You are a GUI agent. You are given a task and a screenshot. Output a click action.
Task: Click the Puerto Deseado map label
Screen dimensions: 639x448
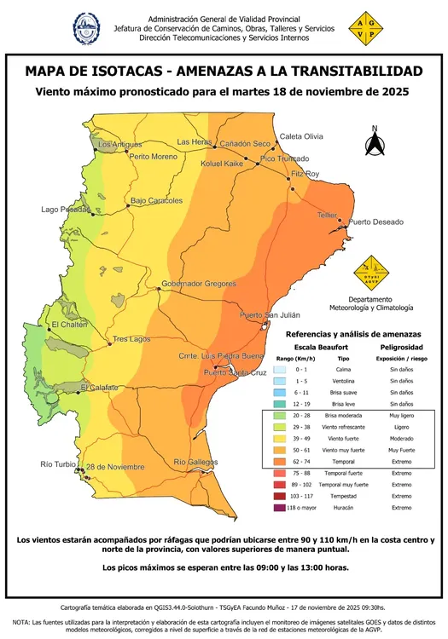pyautogui.click(x=375, y=222)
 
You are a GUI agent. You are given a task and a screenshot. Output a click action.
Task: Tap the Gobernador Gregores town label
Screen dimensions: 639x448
pyautogui.click(x=196, y=283)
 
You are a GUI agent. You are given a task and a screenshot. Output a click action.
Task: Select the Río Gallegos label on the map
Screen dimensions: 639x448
pyautogui.click(x=196, y=462)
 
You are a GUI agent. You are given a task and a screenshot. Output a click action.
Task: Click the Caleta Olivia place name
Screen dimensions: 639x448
pyautogui.click(x=302, y=136)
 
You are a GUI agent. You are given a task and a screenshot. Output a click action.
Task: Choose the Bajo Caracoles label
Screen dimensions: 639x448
pyautogui.click(x=156, y=201)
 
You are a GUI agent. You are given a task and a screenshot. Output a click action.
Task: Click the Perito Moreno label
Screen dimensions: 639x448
pyautogui.click(x=154, y=157)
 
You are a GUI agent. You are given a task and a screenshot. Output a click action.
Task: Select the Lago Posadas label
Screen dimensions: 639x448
pyautogui.click(x=66, y=210)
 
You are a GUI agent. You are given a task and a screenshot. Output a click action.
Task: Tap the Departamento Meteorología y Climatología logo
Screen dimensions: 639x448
pyautogui.click(x=372, y=274)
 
